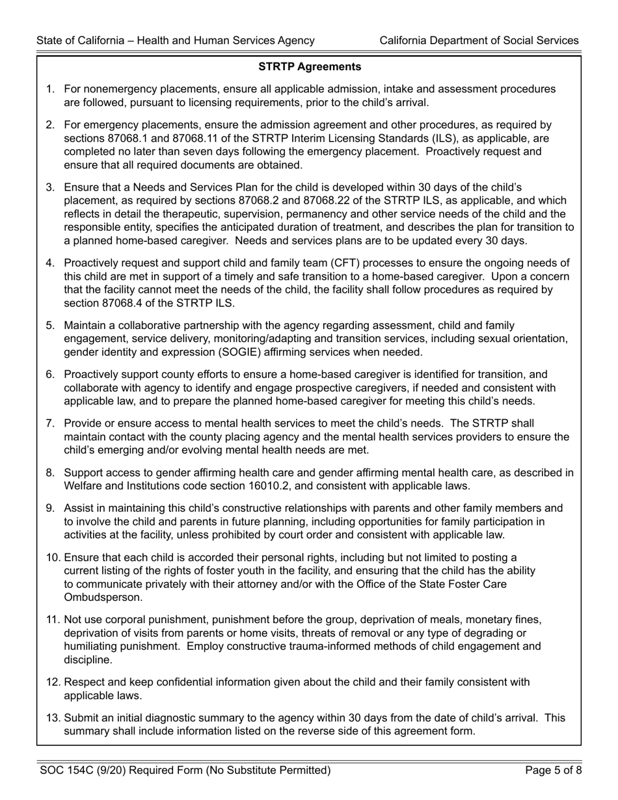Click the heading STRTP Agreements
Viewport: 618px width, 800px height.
(310, 67)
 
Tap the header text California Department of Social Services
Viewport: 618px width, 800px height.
(479, 40)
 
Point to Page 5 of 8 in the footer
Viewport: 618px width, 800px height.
(552, 771)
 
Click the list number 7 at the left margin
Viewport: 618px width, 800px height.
(50, 423)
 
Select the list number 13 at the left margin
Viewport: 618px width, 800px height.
(53, 718)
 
